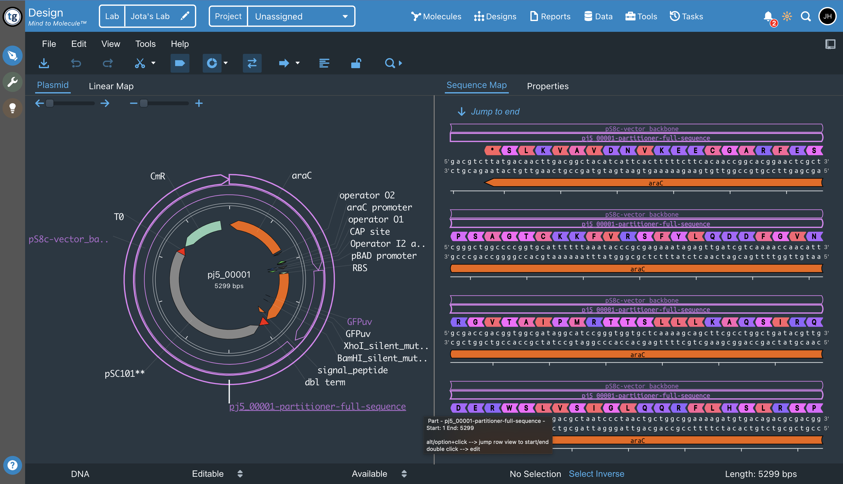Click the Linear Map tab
[111, 86]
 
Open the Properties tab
[547, 86]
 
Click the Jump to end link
[495, 112]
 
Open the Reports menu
[550, 16]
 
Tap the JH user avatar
[827, 16]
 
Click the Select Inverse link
[596, 474]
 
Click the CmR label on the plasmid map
[157, 176]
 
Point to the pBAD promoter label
[384, 256]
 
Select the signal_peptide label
[353, 370]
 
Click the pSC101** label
[124, 374]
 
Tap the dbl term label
[325, 382]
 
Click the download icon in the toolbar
[44, 63]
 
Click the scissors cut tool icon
[140, 63]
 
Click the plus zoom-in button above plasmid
[199, 103]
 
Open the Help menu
[180, 44]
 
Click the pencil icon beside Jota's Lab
[185, 16]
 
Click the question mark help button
[12, 465]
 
